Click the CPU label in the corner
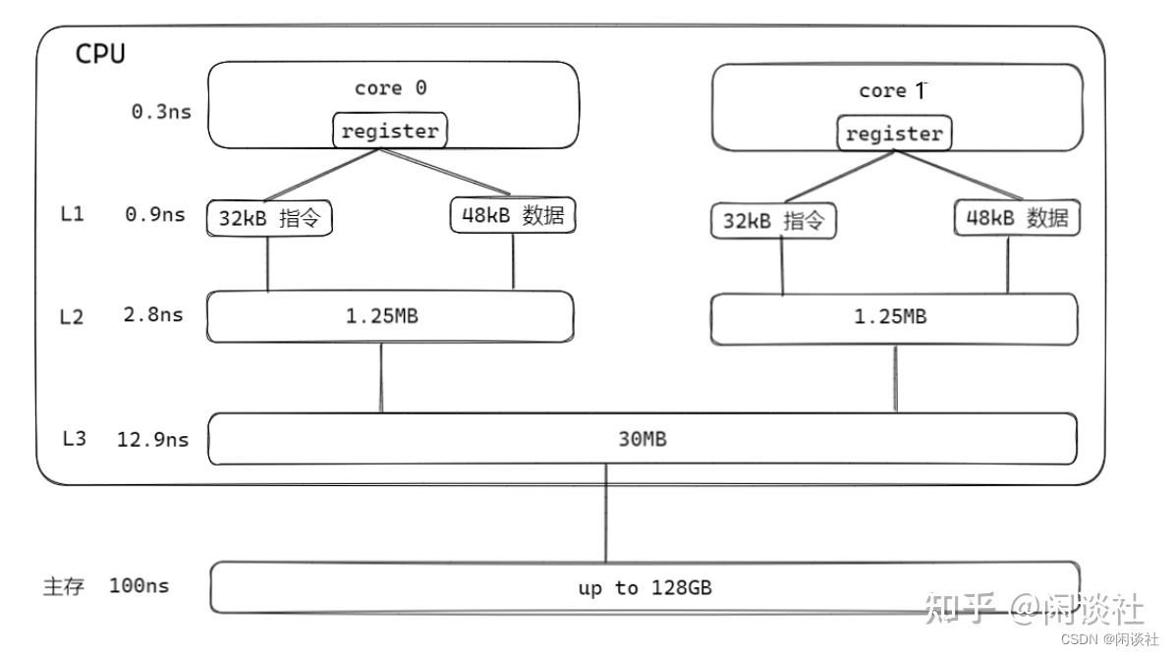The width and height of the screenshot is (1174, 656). coord(100,54)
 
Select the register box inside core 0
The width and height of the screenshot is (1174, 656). coord(390,131)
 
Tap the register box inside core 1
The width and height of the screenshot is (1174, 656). coord(894,134)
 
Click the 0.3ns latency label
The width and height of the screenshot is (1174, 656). coord(161,112)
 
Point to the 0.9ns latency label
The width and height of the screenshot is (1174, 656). coord(155,215)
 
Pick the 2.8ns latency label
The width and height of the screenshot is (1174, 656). coord(153,315)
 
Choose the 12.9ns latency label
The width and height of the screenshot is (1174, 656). coord(152,439)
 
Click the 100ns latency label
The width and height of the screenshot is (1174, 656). coord(140,585)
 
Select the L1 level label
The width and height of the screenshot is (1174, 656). coord(72,215)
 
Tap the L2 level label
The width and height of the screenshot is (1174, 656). coord(71,317)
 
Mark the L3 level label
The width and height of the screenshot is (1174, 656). coord(74,438)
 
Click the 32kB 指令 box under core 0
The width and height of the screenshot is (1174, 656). coord(269,218)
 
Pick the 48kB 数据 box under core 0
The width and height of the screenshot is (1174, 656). coord(513,215)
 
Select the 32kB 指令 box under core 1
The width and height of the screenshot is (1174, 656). coord(773,221)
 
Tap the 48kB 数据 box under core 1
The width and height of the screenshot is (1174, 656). coord(1017,218)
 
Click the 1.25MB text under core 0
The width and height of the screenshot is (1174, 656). coord(382,316)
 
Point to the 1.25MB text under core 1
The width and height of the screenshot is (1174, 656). coord(890,317)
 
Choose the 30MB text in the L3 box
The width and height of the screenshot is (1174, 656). coord(643,439)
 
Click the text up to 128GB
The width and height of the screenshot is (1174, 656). coord(644,588)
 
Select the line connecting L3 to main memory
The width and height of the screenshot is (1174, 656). coord(606,514)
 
